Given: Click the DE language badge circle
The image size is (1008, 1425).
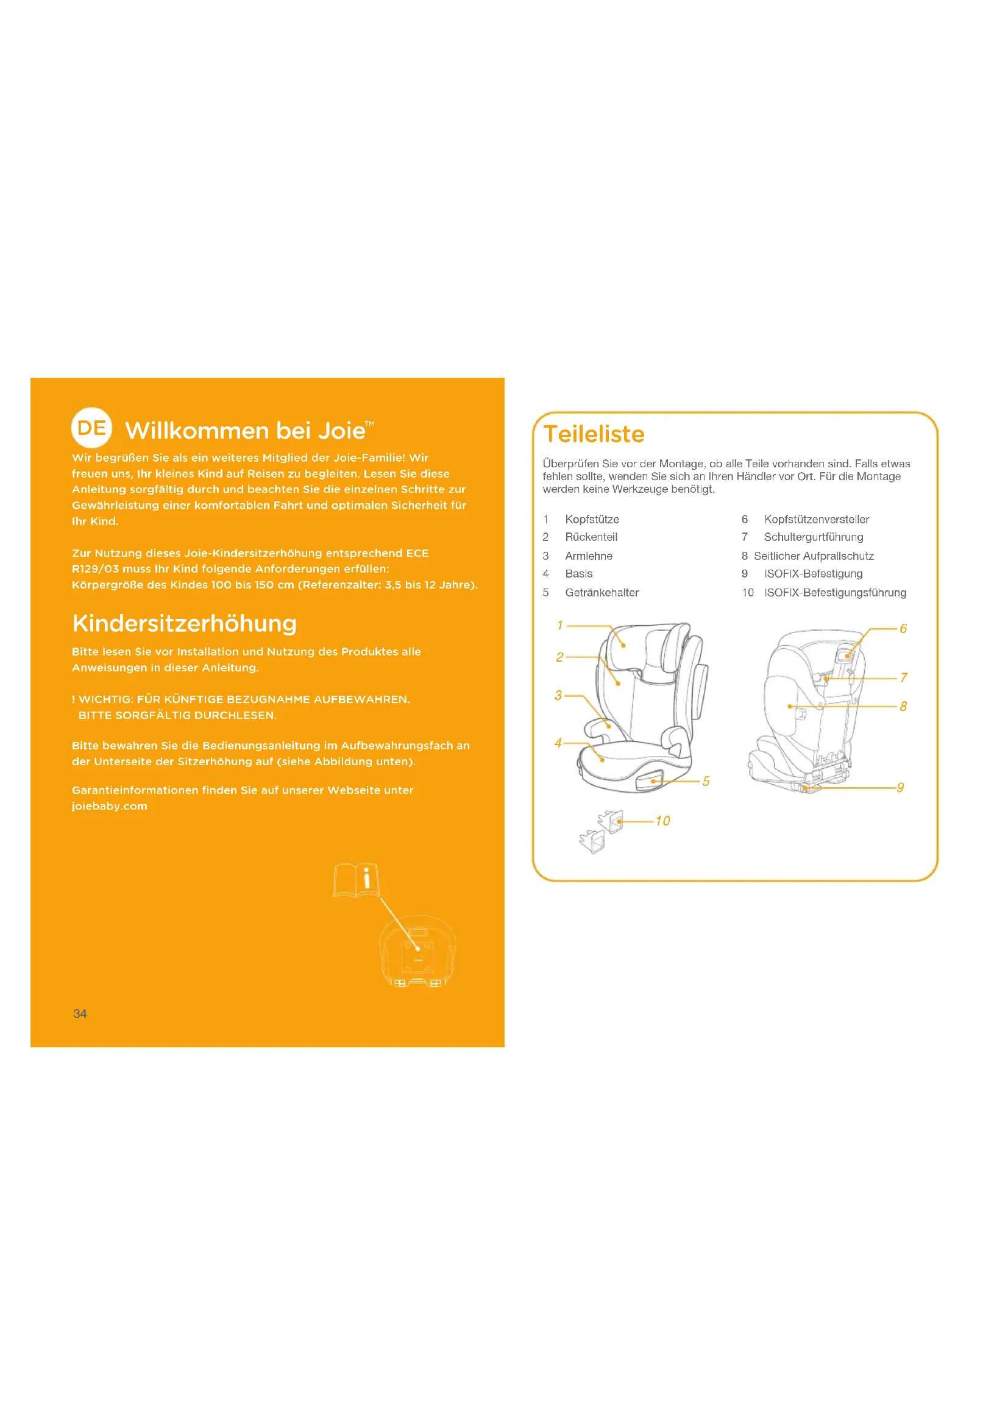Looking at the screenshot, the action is [92, 428].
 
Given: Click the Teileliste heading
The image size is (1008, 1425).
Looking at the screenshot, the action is [594, 434].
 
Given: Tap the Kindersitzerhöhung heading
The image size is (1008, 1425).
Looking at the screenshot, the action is [184, 623].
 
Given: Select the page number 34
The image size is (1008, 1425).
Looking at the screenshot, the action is [80, 1014].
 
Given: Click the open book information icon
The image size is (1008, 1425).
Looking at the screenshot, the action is [357, 880].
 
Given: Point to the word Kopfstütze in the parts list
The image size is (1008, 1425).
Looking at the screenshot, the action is [592, 520].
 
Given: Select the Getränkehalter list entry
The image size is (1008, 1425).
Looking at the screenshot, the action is [602, 593].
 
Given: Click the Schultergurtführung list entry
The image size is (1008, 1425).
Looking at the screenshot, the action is [814, 537].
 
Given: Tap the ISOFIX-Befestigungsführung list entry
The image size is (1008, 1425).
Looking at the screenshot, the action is [836, 593].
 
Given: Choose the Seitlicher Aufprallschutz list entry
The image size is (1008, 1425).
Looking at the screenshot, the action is [814, 556].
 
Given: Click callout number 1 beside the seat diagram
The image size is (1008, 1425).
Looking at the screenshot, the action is [560, 625].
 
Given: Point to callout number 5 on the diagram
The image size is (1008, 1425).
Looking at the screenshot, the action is [706, 782].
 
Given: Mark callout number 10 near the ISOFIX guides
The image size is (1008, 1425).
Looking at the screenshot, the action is [663, 821].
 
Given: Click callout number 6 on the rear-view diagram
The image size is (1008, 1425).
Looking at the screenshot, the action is [903, 629].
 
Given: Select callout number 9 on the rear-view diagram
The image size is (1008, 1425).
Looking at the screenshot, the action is [900, 788].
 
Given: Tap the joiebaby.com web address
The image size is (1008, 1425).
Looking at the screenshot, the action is [110, 806].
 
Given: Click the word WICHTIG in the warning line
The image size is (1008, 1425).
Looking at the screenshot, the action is [106, 699].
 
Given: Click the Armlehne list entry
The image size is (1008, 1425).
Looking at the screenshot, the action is [589, 556].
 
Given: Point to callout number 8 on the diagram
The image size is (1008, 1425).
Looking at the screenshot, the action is [903, 706].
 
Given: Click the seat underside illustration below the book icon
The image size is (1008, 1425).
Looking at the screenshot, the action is [417, 952].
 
